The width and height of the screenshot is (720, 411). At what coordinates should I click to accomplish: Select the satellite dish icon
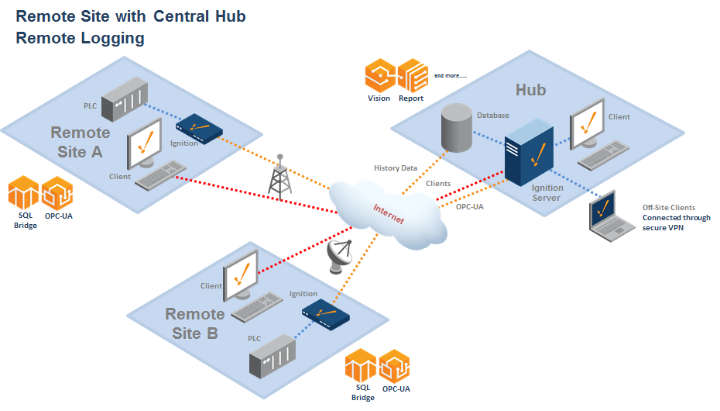340,255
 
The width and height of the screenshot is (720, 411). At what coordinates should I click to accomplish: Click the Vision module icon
380,75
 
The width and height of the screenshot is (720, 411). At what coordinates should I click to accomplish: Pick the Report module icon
412,75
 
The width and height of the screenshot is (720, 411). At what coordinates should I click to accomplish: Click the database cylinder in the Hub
456,127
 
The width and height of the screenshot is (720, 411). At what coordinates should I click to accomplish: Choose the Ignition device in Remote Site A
199,127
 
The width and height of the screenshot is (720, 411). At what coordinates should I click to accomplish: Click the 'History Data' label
396,168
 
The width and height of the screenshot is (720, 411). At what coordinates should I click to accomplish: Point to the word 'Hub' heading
530,90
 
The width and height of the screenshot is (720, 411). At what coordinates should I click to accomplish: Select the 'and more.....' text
450,75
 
